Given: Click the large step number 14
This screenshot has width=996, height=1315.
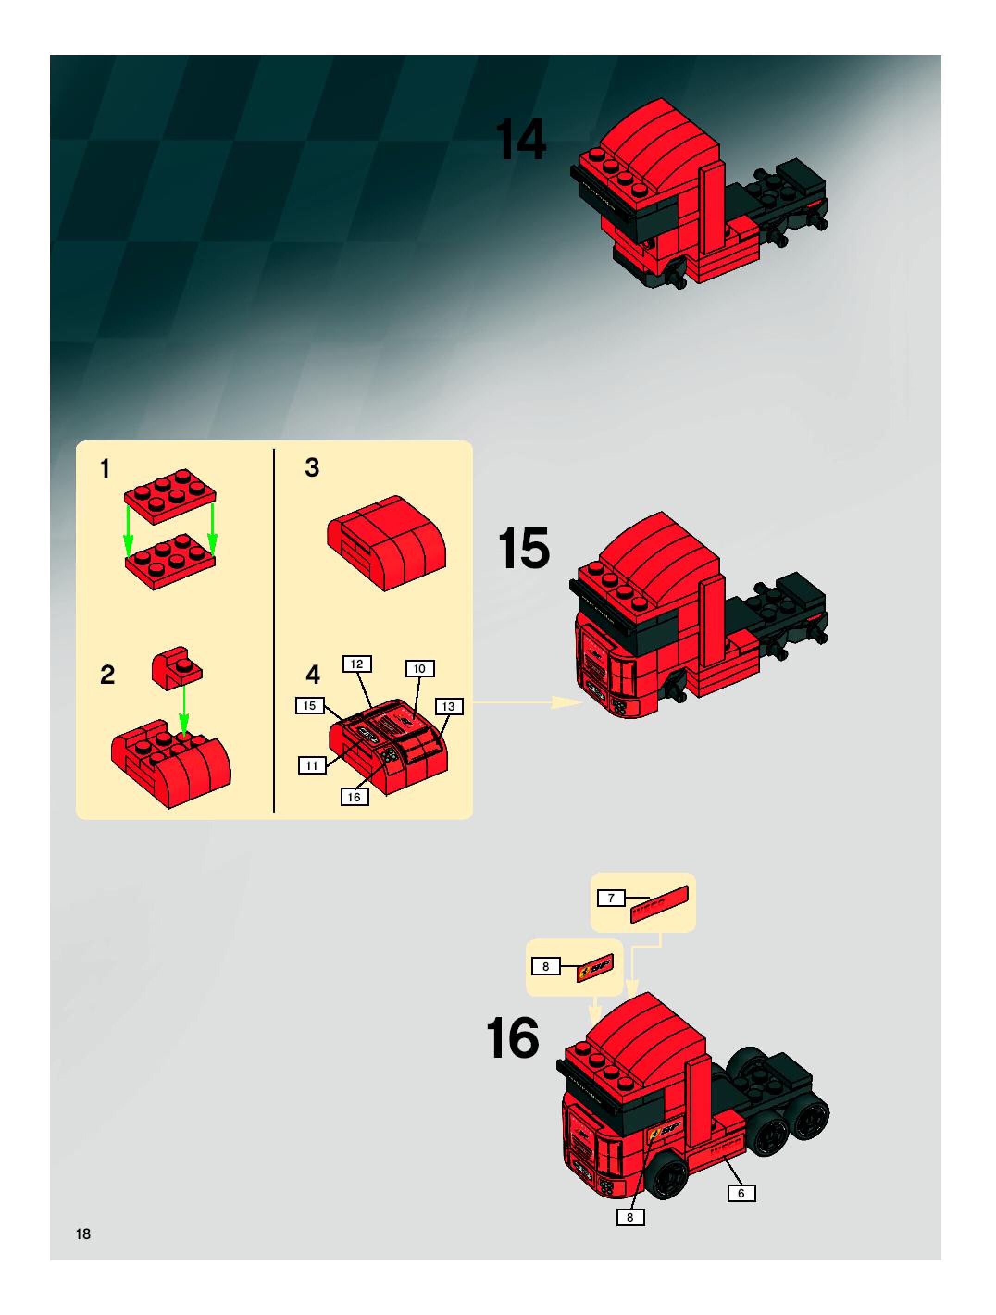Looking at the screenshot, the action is pyautogui.click(x=521, y=140).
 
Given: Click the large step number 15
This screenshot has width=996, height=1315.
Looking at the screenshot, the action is pyautogui.click(x=523, y=548).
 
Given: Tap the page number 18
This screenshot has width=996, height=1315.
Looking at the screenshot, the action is pyautogui.click(x=83, y=1234).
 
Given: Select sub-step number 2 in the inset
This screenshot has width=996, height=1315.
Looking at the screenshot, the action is pyautogui.click(x=107, y=675).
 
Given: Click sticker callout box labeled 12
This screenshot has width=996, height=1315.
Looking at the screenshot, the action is pyautogui.click(x=357, y=664).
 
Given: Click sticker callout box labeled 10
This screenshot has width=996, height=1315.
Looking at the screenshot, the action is pyautogui.click(x=420, y=669).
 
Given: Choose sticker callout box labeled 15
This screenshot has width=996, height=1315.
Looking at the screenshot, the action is pyautogui.click(x=310, y=706).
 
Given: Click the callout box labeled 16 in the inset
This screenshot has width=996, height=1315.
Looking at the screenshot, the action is pyautogui.click(x=355, y=797).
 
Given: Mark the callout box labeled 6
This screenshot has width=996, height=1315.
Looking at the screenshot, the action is pyautogui.click(x=741, y=1193).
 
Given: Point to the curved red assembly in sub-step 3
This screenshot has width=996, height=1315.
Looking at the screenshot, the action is pyautogui.click(x=386, y=542).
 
